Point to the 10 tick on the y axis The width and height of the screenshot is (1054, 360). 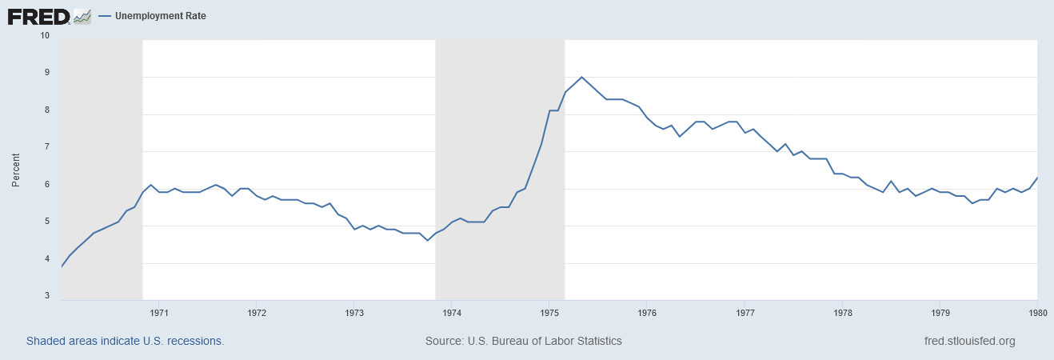click(x=44, y=35)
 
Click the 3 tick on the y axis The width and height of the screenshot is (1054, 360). click(x=46, y=296)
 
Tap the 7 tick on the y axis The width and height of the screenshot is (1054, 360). click(x=46, y=147)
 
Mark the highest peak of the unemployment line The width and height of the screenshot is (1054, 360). click(x=581, y=78)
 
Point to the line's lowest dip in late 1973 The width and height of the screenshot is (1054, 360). click(x=427, y=241)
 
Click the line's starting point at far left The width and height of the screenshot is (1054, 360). click(x=62, y=266)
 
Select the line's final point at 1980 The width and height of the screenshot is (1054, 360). click(x=1037, y=178)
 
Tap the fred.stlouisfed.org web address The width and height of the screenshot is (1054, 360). click(x=969, y=341)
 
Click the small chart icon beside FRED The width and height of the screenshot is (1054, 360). click(x=82, y=16)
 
